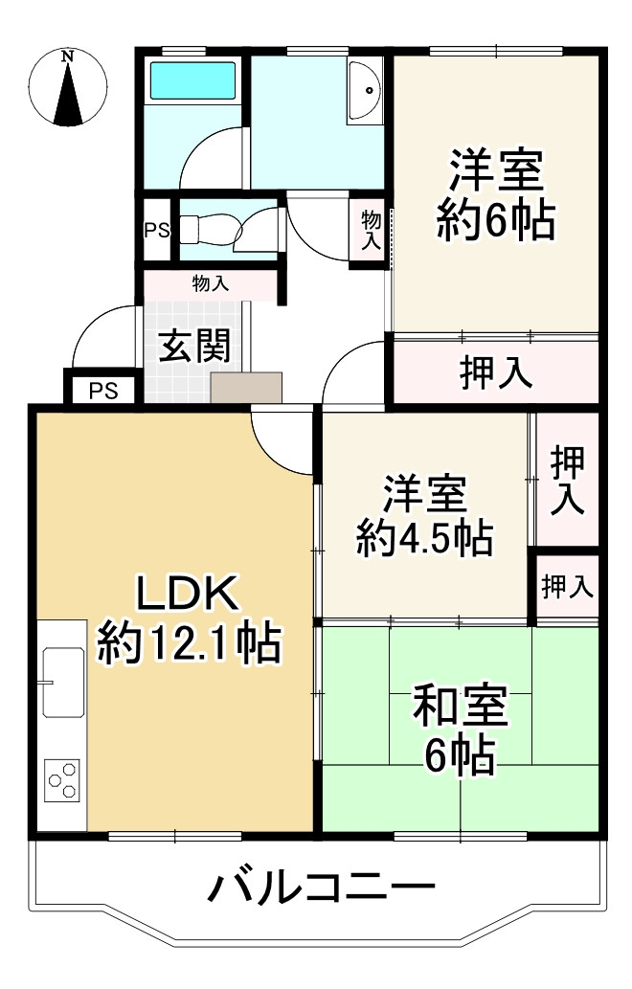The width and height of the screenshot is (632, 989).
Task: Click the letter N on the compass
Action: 67,56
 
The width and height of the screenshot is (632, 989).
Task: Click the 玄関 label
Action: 194,346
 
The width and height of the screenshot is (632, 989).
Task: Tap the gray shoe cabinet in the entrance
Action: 246,388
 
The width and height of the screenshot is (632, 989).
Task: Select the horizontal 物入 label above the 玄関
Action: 211,283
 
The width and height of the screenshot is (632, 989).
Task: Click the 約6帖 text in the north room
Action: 494,222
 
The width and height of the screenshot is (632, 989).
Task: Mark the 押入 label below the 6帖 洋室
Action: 496,373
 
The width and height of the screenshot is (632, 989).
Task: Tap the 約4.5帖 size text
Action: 424,539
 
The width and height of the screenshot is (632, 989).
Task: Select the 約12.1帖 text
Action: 189,643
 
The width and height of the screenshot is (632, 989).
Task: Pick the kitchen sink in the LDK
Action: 62,681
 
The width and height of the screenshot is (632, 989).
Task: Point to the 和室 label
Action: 460,708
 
